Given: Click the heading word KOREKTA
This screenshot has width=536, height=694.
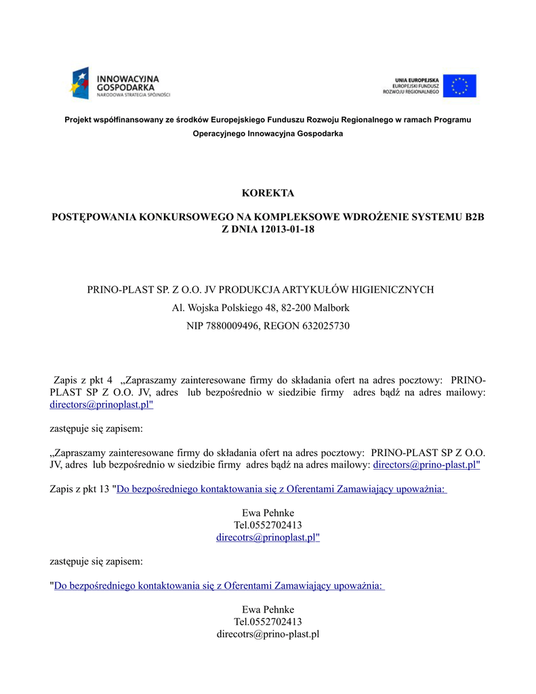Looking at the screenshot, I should pyautogui.click(x=268, y=193).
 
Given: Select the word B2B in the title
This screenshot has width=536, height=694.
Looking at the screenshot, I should pyautogui.click(x=475, y=217).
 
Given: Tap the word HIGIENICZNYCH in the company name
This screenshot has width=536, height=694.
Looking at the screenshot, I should pyautogui.click(x=394, y=289).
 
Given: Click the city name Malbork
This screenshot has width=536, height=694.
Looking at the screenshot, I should pyautogui.click(x=331, y=308).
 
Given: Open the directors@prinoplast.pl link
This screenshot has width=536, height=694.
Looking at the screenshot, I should pyautogui.click(x=102, y=405).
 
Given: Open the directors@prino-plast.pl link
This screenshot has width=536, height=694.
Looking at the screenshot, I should pyautogui.click(x=426, y=465).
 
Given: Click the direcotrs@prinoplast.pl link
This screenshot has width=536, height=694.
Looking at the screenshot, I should pyautogui.click(x=268, y=537).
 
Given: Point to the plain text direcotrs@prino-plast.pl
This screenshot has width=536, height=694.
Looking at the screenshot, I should pyautogui.click(x=268, y=634).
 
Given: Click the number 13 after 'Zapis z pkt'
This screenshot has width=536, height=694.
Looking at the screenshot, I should pyautogui.click(x=104, y=489).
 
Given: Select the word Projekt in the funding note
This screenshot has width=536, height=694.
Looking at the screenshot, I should pyautogui.click(x=79, y=119).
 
